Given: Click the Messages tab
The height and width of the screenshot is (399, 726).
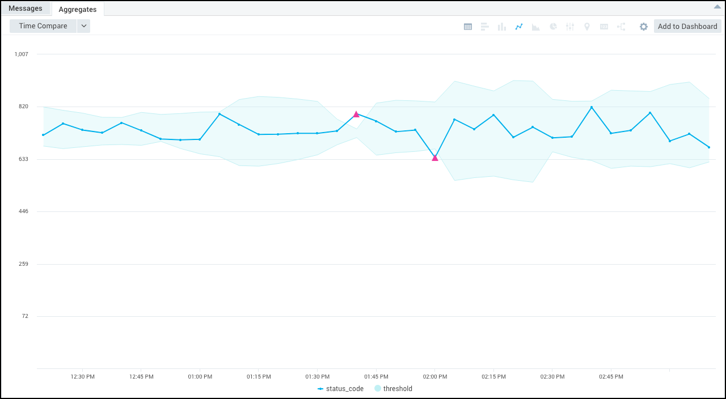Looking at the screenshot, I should click(x=26, y=9).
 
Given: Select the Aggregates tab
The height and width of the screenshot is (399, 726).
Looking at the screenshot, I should click(x=77, y=9).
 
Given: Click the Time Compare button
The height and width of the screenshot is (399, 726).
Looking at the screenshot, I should click(x=43, y=26).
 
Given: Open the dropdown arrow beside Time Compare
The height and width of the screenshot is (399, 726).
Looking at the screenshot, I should click(x=83, y=26).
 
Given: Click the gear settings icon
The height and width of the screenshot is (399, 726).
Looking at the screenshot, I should click(x=644, y=27).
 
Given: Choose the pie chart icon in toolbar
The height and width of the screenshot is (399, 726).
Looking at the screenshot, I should click(x=553, y=27).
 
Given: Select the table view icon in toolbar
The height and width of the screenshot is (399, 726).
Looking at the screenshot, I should click(x=468, y=27).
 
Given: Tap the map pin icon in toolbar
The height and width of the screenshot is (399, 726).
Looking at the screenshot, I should click(x=587, y=27).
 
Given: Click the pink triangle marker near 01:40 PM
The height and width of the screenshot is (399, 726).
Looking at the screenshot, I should click(x=356, y=114).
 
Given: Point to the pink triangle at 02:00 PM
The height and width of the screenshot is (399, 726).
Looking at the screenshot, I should click(x=435, y=158).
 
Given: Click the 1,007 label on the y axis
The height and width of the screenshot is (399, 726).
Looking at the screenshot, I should click(x=22, y=54).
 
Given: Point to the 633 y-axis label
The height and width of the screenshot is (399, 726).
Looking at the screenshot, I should click(x=23, y=159).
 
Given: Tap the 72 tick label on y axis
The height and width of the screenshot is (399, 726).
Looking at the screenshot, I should click(x=25, y=316).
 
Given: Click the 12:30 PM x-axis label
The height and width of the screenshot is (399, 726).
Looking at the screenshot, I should click(x=83, y=377).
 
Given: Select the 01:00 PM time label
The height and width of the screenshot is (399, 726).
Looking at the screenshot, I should click(x=200, y=377).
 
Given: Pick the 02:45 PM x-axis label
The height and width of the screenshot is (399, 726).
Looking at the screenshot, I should click(x=611, y=377).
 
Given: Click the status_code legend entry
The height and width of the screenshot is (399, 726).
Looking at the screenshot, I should click(x=340, y=389).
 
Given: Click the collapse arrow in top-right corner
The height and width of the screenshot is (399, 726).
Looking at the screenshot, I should click(x=717, y=6).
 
